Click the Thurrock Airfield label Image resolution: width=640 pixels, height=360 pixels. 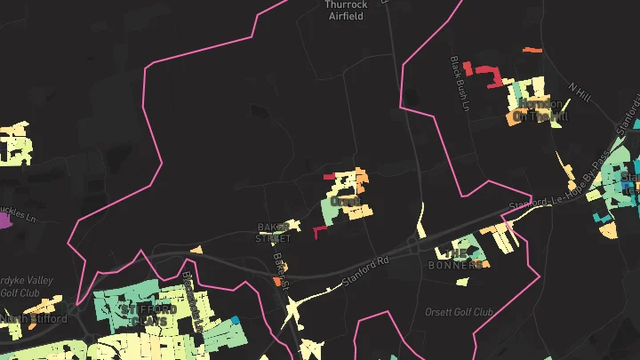click(346, 10)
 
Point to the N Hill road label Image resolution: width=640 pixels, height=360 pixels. click(580, 92)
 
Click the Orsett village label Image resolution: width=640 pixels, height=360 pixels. click(345, 202)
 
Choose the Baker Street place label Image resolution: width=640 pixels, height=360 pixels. click(274, 232)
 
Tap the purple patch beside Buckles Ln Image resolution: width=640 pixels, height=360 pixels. click(5, 220)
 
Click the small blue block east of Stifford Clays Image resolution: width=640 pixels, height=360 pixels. click(235, 319)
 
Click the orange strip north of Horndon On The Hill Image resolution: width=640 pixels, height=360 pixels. click(532, 50)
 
